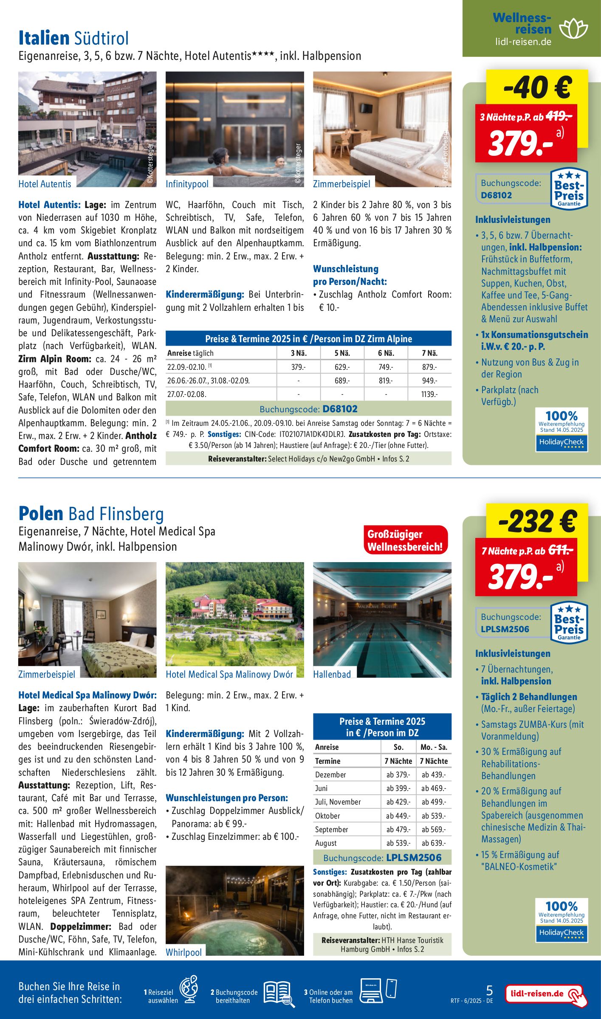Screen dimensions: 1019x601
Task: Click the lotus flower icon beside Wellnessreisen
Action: point(573,29)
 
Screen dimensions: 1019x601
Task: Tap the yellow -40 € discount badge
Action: point(537,87)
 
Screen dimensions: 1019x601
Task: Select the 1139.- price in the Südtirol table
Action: point(429,394)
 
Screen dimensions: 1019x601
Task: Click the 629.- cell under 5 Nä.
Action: point(342,367)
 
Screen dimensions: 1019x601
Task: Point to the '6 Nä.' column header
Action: point(386,353)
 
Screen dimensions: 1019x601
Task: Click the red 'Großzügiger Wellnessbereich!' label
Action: point(405,540)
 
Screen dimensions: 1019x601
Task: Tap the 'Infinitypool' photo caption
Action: point(187,184)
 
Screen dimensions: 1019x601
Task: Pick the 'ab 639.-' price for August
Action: point(433,843)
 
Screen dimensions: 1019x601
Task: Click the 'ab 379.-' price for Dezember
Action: point(398,774)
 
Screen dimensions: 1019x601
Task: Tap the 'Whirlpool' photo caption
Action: point(183,952)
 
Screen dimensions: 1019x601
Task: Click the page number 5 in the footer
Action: point(489,990)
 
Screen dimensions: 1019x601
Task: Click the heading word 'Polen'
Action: point(41,514)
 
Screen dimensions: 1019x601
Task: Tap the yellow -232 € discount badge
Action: point(537,521)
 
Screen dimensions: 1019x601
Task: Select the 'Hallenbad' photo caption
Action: point(332,674)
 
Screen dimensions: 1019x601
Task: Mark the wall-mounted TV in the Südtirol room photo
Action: point(366,108)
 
